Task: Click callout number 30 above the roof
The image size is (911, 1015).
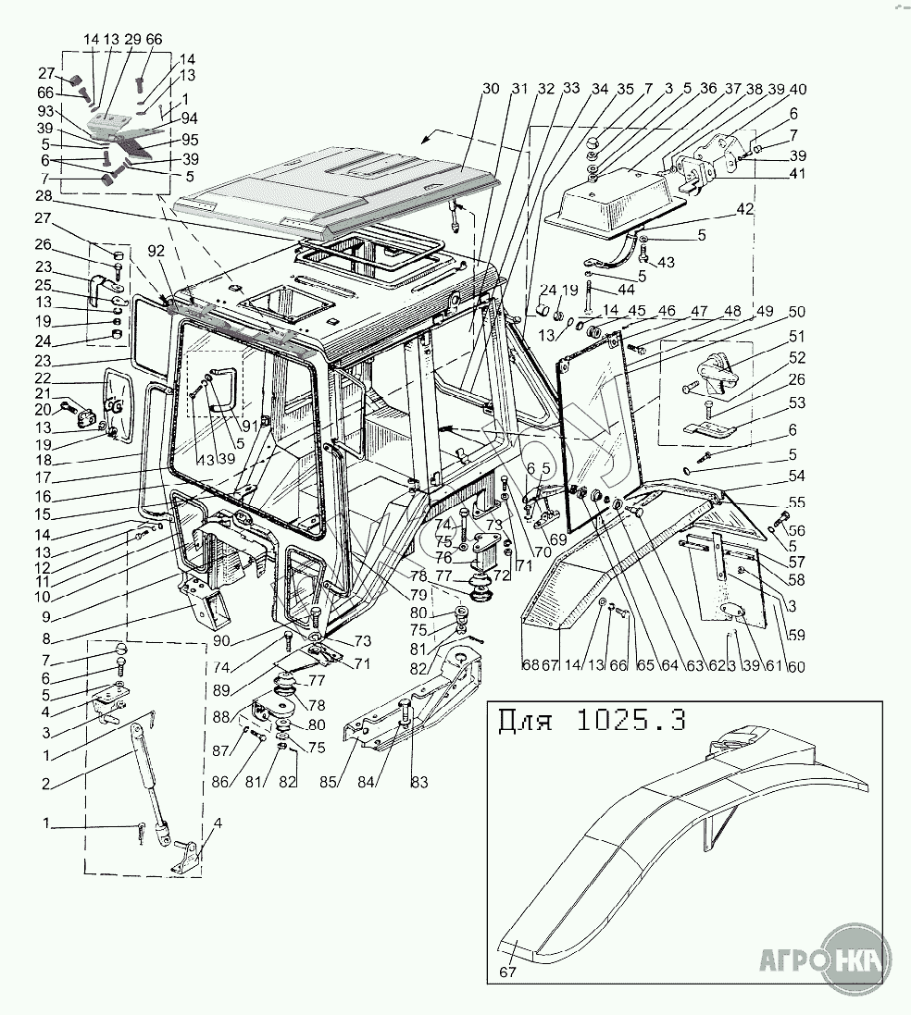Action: (x=491, y=89)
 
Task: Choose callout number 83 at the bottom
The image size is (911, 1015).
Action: (x=419, y=783)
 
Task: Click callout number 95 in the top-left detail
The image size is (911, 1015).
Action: (x=191, y=140)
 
